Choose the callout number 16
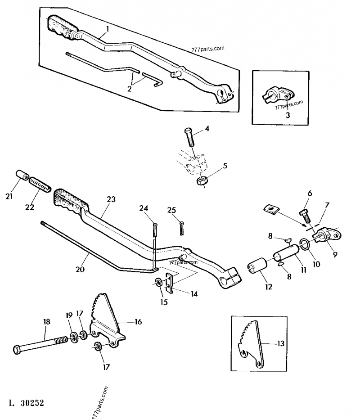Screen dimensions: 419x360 tap(138, 322)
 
